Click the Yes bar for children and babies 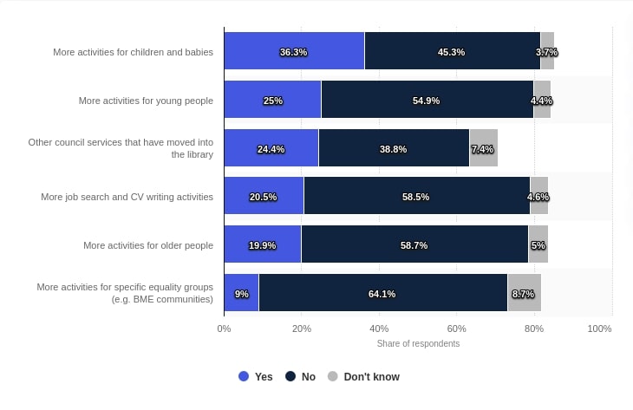[294, 51]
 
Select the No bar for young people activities [427, 100]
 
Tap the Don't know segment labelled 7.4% [483, 148]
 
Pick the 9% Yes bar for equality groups [241, 293]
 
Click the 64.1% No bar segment [382, 293]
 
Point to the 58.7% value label [414, 245]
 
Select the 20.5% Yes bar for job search [264, 197]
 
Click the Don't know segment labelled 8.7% [524, 293]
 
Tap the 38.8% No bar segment [394, 148]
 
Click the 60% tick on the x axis [456, 329]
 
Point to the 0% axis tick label [224, 329]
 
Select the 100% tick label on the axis [599, 329]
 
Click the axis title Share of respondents [418, 343]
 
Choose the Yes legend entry [256, 377]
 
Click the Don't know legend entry [363, 377]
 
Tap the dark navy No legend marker [290, 377]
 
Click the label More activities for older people [148, 245]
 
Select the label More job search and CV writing [127, 197]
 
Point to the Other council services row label [121, 147]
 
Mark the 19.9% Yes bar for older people [262, 245]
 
